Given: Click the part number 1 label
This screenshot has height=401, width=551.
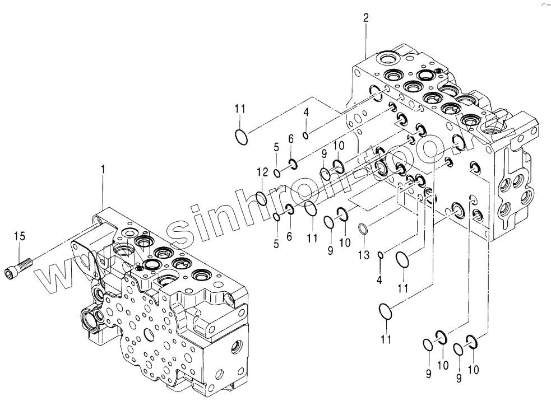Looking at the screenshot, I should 103,167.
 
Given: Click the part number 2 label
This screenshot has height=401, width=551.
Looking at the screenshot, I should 365,18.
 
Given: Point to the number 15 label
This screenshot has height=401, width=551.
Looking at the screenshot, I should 20,236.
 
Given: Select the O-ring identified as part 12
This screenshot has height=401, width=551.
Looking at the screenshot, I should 261,197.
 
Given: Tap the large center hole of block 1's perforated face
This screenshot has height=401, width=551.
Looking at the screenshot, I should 149,334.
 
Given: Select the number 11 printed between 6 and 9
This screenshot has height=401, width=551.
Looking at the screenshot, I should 312,237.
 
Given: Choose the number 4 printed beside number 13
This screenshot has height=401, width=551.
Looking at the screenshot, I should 379,279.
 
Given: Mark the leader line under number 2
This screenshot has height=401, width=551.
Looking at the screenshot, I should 366,39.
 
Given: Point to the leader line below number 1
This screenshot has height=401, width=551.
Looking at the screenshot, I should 103,190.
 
